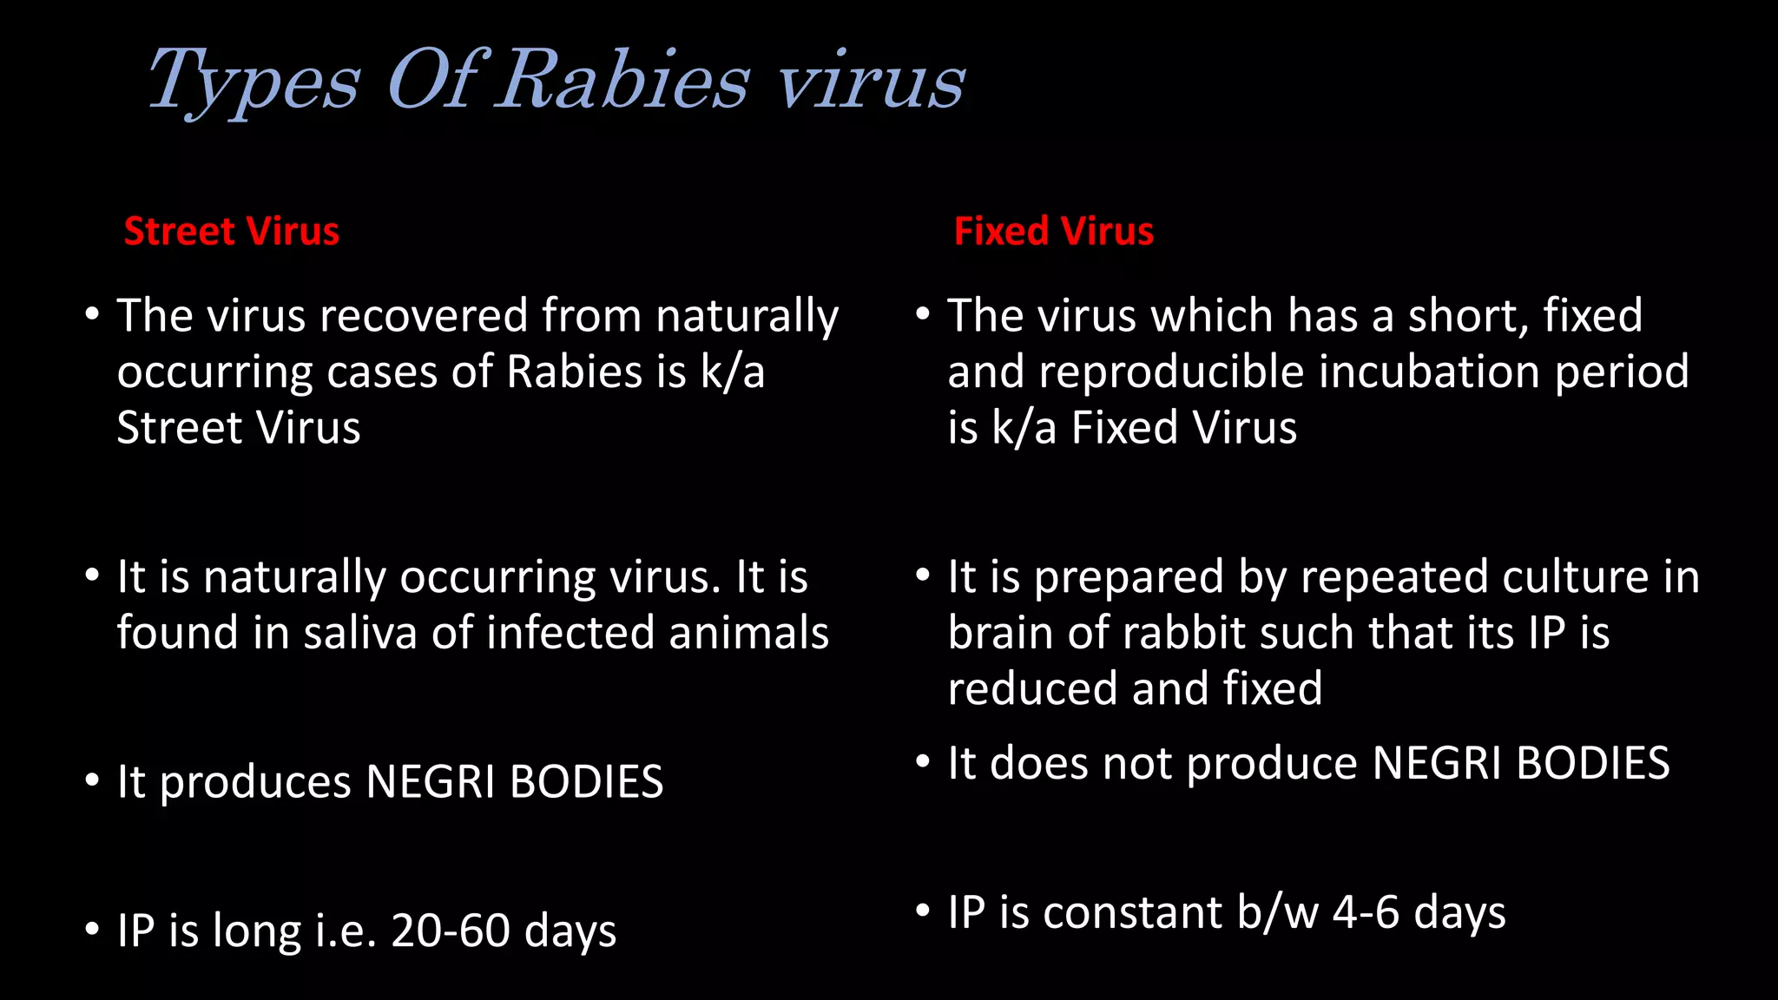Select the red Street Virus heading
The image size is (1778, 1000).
point(231,232)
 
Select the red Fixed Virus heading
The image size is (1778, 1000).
point(1053,232)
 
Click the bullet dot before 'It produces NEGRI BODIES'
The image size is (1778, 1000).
point(92,780)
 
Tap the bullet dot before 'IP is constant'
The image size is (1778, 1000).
point(923,911)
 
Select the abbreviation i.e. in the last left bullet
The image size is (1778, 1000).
point(346,931)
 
